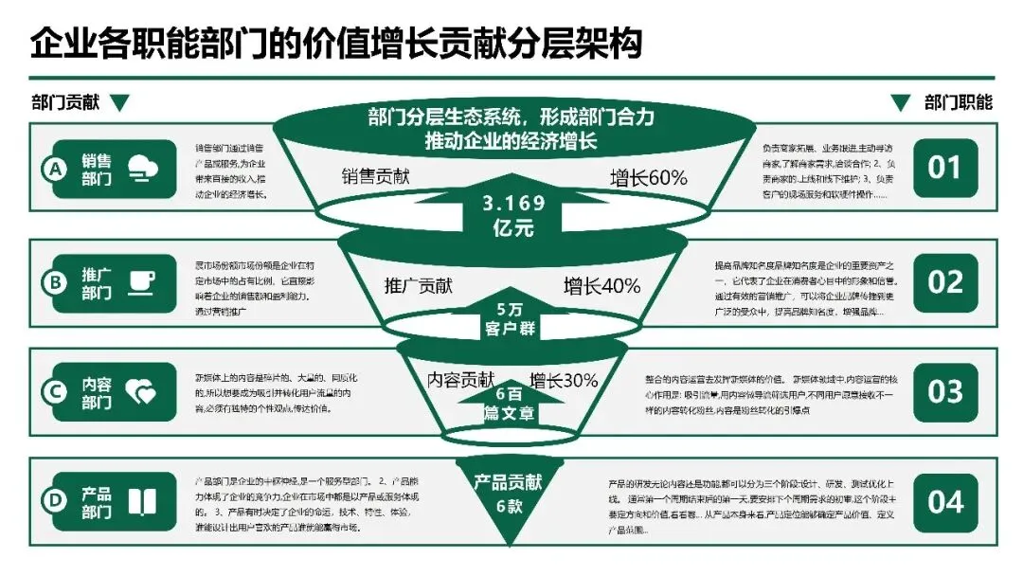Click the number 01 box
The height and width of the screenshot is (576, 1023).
point(944,169)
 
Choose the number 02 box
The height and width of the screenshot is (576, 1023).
point(944,281)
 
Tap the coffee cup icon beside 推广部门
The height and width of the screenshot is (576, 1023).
point(142,281)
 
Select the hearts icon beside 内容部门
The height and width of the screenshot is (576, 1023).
point(141,392)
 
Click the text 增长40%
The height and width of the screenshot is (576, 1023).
point(602,286)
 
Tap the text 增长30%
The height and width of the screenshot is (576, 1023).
point(564,381)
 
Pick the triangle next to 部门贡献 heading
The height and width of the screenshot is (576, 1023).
point(118,102)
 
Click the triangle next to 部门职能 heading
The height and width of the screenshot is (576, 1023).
point(900,102)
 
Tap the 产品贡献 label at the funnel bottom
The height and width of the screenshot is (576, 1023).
point(509,482)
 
